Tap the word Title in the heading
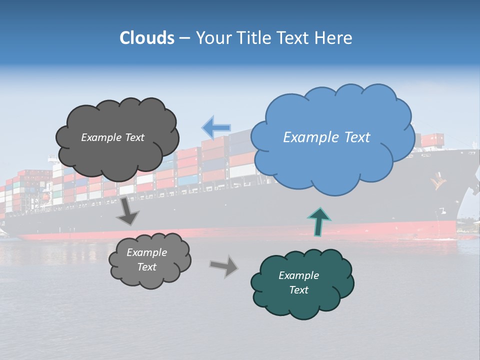(252, 38)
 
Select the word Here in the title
(334, 38)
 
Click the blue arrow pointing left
(216, 127)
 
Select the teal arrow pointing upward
(319, 220)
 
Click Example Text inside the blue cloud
(326, 137)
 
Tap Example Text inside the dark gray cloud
(112, 137)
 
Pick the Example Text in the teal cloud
(298, 282)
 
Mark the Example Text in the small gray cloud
(146, 259)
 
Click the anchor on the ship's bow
(439, 181)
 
